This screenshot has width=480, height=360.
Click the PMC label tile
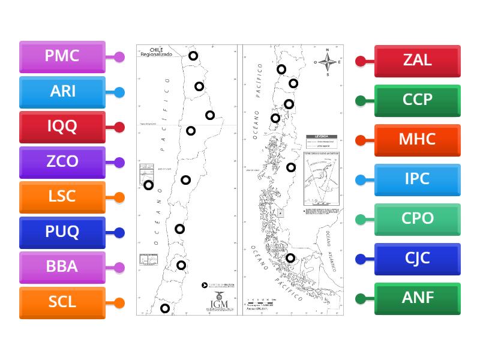coord(62,57)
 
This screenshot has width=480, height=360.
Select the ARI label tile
coord(62,92)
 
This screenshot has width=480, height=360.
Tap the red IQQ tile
coord(62,127)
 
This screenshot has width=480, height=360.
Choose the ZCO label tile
coord(62,162)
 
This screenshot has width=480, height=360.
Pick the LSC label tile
coord(62,197)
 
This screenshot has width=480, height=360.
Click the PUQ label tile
coord(62,232)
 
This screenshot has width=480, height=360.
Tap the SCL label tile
coord(62,302)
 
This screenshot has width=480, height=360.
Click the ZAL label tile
coord(418,61)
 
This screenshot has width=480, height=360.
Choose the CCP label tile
coord(418,100)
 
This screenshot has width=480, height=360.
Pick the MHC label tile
coord(418,140)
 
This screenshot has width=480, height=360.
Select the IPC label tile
coord(418,179)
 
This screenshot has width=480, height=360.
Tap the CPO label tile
coord(418,219)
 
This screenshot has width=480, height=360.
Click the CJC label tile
coord(418,259)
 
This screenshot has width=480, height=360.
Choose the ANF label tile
coord(418,298)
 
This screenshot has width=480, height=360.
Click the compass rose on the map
coord(328,62)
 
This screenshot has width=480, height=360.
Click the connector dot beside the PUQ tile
coord(119,233)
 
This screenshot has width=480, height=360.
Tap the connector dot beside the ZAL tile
coord(361,61)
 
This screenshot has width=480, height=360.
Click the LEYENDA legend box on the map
coord(322,142)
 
